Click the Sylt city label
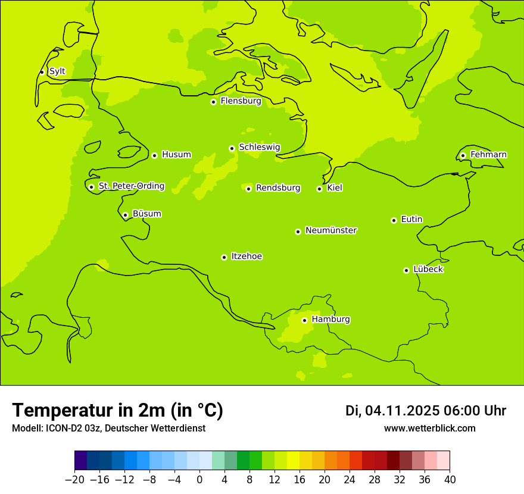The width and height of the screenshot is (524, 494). point(57,71)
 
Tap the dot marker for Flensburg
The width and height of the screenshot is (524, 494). point(213,102)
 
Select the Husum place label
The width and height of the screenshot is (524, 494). point(176,155)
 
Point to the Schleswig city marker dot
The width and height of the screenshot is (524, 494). point(232,148)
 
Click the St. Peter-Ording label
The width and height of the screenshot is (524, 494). point(132,186)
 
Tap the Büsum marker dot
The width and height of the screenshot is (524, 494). point(125,215)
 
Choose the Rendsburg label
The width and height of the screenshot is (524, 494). point(278,188)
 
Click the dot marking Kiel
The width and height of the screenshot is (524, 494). point(319,189)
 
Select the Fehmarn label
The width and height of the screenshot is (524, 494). point(488,155)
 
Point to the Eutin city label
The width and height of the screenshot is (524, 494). point(411,220)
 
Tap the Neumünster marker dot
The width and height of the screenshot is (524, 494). point(298,232)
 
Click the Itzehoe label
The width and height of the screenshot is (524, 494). point(247,257)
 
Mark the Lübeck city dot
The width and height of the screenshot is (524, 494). point(406,270)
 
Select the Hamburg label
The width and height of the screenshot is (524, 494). point(330,320)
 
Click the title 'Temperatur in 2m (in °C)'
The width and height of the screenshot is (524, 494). point(117,410)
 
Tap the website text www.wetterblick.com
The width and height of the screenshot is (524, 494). point(429,428)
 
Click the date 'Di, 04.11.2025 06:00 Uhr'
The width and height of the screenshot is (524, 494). point(425,411)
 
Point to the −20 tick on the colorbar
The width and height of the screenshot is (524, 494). point(75,480)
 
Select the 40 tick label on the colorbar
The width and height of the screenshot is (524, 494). point(450,480)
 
